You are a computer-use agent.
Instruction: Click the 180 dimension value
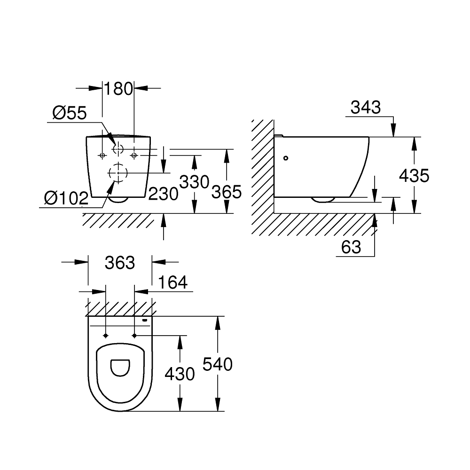118,88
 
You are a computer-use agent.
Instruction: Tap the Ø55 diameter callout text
70,113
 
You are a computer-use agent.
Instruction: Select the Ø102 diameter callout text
66,198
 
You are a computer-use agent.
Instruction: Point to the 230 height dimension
163,193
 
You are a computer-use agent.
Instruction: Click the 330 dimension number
194,181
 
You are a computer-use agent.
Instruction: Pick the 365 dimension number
227,191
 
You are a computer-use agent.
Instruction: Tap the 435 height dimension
414,176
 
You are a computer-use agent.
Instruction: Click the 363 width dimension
120,263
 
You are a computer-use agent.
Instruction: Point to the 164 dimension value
172,282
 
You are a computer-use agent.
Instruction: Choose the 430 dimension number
180,374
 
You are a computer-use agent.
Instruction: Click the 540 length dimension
218,364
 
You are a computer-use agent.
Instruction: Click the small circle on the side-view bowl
286,158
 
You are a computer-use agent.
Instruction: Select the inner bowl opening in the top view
120,367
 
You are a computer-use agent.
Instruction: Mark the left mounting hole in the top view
105,336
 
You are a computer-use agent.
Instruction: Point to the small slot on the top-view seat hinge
145,321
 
